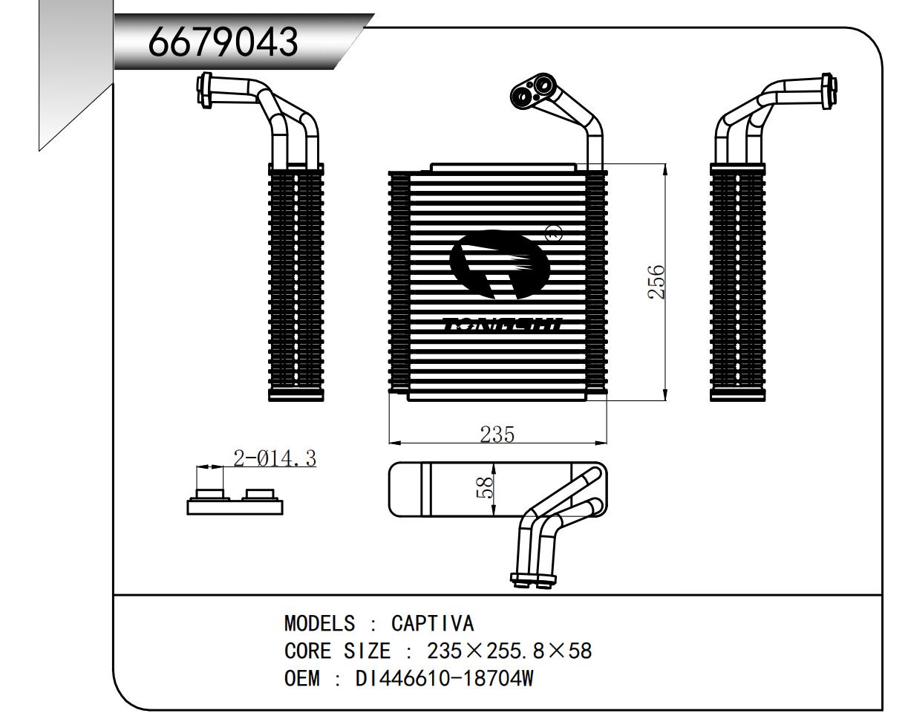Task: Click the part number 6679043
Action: click(x=223, y=42)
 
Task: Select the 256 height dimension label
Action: click(x=656, y=282)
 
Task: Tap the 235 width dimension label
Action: click(x=497, y=434)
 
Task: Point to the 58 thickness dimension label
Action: click(x=484, y=488)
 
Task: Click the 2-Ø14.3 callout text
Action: click(x=274, y=458)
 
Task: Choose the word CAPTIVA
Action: click(x=432, y=622)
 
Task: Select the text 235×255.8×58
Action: click(x=509, y=651)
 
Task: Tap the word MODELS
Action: click(x=320, y=622)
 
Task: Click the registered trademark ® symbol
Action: click(x=554, y=233)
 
